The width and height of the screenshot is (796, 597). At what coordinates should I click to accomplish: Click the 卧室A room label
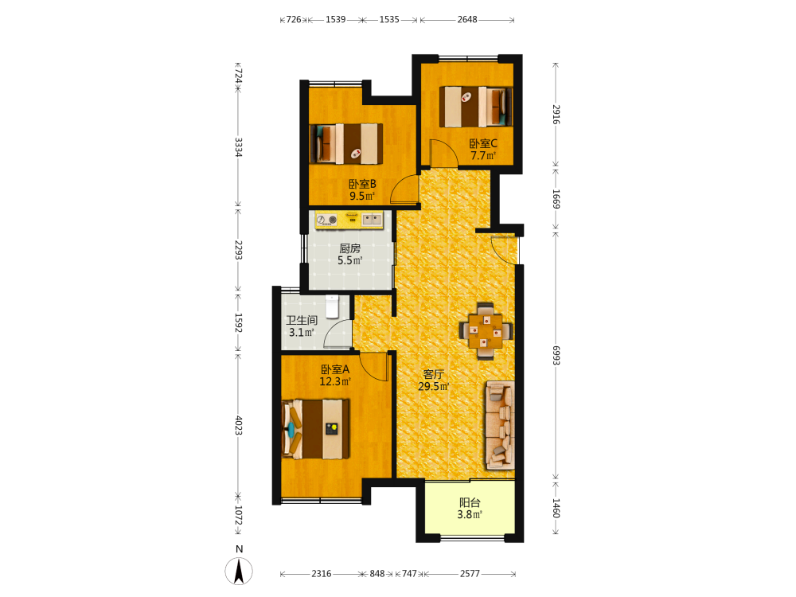(335, 369)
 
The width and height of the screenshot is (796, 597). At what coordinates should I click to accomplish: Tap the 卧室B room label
(362, 185)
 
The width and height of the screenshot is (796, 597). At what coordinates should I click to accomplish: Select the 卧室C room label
(483, 143)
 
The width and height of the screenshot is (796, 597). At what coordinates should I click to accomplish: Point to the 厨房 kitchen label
(349, 248)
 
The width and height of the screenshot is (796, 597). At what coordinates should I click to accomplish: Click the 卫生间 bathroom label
(302, 320)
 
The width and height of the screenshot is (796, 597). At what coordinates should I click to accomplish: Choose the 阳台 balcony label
(470, 502)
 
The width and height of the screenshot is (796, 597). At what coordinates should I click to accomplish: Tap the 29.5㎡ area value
(434, 386)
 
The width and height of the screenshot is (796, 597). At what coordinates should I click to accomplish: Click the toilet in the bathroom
(332, 306)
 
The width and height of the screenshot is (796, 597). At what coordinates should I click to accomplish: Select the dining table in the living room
(486, 331)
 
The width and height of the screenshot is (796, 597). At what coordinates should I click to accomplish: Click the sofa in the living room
(500, 425)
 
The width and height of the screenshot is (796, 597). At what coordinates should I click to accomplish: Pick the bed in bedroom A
(316, 429)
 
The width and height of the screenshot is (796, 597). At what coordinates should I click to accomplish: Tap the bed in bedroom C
(476, 107)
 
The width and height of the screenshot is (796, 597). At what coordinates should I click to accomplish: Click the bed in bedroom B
(346, 143)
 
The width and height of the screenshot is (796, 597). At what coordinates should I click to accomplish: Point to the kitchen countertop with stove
(349, 220)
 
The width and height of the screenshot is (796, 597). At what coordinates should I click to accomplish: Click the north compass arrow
(239, 571)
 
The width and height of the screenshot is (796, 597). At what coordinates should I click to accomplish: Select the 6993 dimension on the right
(556, 355)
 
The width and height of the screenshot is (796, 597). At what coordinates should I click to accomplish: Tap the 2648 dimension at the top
(467, 19)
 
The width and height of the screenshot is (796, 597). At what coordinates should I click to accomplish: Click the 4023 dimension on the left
(238, 425)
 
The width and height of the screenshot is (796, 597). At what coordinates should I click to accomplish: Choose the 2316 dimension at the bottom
(322, 574)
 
